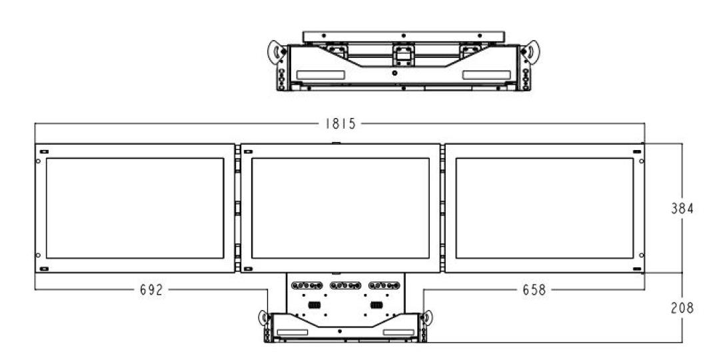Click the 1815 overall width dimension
(340, 124)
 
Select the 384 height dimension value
(682, 209)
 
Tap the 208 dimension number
(682, 308)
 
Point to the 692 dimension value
(151, 290)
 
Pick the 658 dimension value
(534, 290)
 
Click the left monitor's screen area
(135, 209)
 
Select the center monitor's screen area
(340, 209)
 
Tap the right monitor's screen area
(545, 209)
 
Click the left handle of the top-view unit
(277, 52)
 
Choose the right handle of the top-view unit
(530, 52)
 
